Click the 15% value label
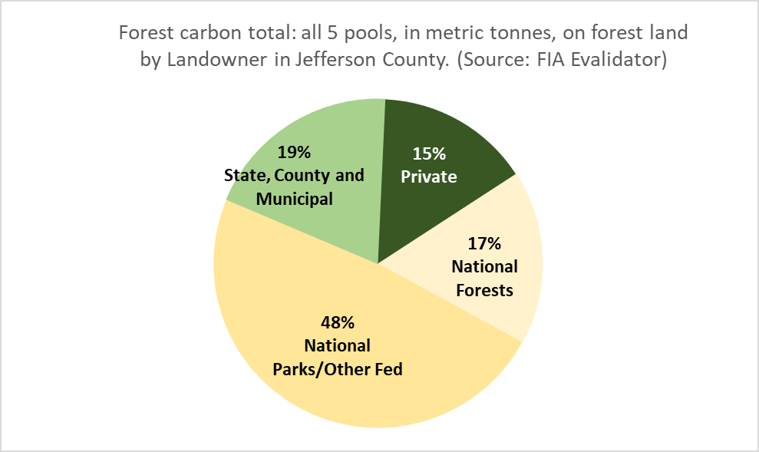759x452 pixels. point(429,154)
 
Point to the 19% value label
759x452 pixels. point(294,153)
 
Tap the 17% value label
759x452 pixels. point(484,243)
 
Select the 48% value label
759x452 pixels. point(338,322)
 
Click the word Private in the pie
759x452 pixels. point(429,177)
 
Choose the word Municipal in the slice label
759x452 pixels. point(294,199)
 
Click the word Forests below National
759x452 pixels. point(484,290)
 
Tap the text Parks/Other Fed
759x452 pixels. point(338,369)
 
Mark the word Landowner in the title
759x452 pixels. point(217,60)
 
